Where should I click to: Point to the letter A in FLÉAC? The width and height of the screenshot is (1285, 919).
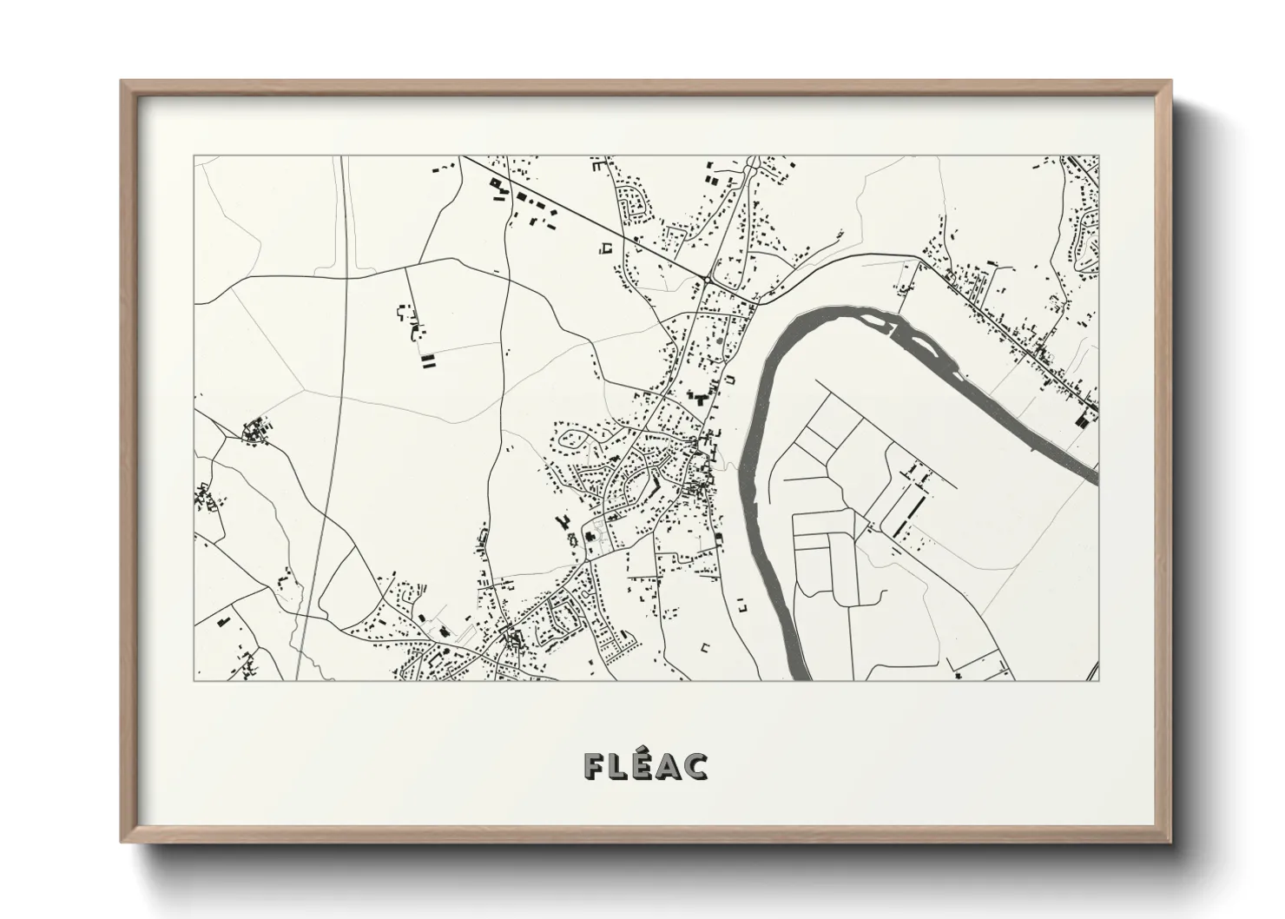(x=669, y=765)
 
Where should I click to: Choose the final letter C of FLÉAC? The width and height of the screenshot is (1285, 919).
(x=696, y=765)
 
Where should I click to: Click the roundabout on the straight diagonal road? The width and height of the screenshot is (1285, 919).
(x=709, y=279)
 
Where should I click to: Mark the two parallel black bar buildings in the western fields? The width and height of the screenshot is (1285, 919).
(x=426, y=362)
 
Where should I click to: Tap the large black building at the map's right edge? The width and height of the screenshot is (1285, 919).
(x=1081, y=420)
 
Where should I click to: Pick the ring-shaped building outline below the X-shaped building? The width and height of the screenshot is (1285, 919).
(x=572, y=539)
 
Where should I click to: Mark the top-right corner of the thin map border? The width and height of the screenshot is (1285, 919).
(x=1098, y=155)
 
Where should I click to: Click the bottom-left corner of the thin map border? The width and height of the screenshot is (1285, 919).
(x=194, y=680)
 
